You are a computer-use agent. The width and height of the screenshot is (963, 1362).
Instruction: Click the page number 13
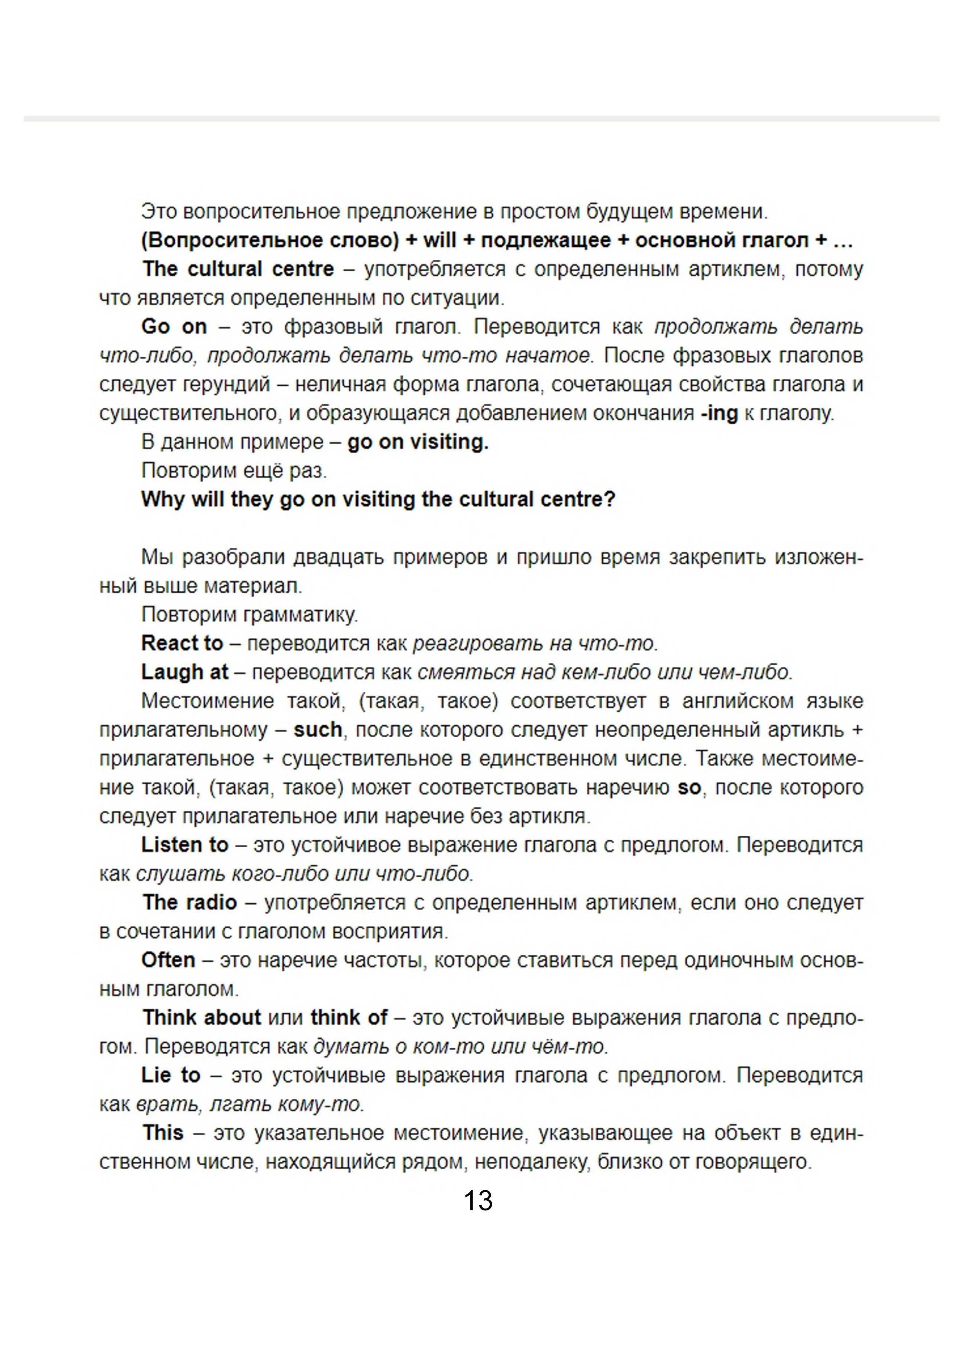(478, 1201)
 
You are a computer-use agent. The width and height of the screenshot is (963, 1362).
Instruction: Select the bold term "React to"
(182, 643)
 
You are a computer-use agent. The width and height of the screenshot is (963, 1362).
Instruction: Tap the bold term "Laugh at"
(184, 672)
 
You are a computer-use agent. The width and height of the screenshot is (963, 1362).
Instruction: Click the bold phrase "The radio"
(190, 902)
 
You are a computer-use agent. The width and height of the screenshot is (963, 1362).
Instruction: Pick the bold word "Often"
(168, 960)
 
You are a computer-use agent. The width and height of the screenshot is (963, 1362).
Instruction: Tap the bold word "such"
(318, 729)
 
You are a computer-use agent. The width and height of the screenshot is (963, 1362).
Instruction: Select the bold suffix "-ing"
(719, 414)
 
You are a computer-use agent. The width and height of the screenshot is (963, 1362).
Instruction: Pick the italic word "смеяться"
(466, 672)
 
